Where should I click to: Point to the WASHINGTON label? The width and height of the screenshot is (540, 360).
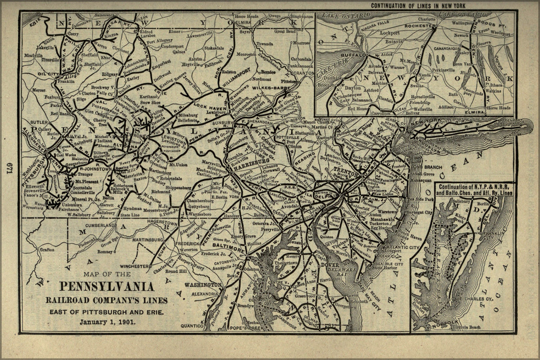[x=203, y=284]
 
